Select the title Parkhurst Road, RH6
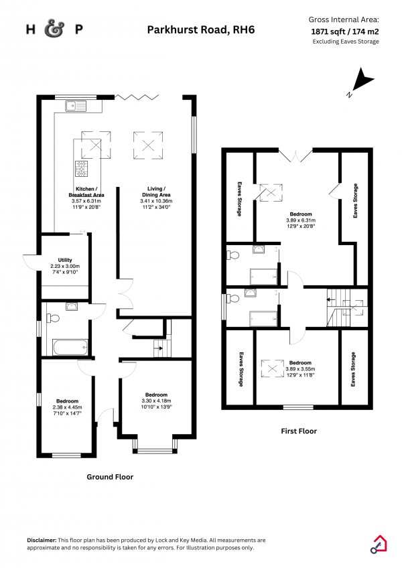[200, 29]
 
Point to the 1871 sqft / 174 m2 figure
[344, 31]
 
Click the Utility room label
[64, 260]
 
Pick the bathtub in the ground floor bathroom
[69, 346]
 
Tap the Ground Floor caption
[110, 477]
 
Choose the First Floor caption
[298, 431]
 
